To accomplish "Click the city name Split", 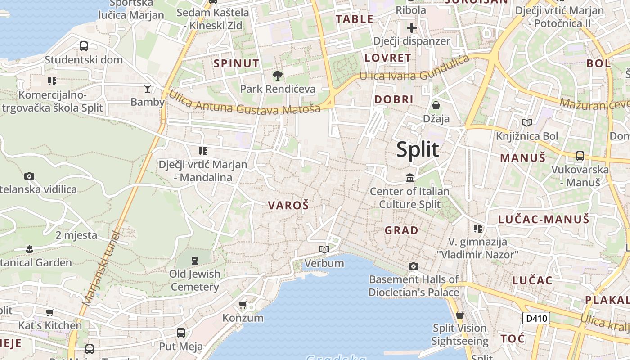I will pyautogui.click(x=418, y=149).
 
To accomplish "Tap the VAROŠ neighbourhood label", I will pyautogui.click(x=288, y=206).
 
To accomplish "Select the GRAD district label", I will pyautogui.click(x=401, y=230).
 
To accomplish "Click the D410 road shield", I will pyautogui.click(x=536, y=319).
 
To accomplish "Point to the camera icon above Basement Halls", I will pyautogui.click(x=413, y=266).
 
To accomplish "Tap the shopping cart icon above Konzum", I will pyautogui.click(x=243, y=305).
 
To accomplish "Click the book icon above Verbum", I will pyautogui.click(x=324, y=249).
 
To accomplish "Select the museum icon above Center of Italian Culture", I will pyautogui.click(x=409, y=178).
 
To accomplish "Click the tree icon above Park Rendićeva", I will pyautogui.click(x=278, y=75).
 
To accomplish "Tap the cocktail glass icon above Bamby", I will pyautogui.click(x=148, y=88).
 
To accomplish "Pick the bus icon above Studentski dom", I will pyautogui.click(x=83, y=46).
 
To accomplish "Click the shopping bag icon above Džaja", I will pyautogui.click(x=436, y=105).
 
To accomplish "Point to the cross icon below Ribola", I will pyautogui.click(x=411, y=28).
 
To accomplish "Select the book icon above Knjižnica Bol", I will pyautogui.click(x=526, y=122).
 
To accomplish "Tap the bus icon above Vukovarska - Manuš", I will pyautogui.click(x=580, y=156).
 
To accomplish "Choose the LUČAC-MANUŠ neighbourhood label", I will pyautogui.click(x=543, y=220).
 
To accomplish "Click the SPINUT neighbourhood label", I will pyautogui.click(x=237, y=63).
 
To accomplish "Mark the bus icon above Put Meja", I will pyautogui.click(x=181, y=333).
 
